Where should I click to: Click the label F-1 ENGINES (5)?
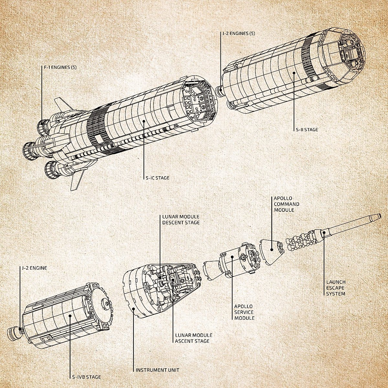pos(60,67)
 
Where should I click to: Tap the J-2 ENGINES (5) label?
pos(239,33)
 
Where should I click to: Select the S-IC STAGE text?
pos(158,178)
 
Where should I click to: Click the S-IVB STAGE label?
pos(86,377)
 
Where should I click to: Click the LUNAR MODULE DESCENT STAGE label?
pos(181,220)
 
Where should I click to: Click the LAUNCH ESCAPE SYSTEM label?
pos(336,288)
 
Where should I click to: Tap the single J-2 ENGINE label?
pos(34,268)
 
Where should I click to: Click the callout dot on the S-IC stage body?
pos(144,121)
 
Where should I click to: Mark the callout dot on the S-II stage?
pos(294,73)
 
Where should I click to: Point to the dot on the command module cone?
pos(272,250)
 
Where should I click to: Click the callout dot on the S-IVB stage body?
pos(70,316)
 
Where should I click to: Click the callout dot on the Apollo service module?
pos(232,257)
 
